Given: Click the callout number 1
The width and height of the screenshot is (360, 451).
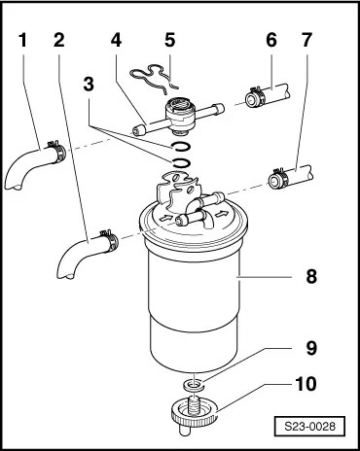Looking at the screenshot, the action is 22,41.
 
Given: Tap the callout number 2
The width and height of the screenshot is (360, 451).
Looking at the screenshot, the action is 59,41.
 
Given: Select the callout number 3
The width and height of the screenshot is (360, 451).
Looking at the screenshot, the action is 89,84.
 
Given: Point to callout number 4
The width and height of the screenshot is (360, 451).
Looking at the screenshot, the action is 116,41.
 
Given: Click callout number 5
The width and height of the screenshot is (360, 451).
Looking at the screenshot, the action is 170,41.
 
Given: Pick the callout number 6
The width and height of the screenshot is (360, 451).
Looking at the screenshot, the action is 271,41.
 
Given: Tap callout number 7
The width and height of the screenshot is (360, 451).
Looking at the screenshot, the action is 306,41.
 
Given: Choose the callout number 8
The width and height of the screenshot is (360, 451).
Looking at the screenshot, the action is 311,276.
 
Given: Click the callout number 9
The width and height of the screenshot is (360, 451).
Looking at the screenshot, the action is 311,348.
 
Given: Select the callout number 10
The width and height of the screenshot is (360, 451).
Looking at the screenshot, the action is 306,384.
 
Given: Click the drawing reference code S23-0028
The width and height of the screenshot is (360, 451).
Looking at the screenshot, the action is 309,426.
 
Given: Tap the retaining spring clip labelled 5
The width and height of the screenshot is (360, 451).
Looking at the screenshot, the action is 154,79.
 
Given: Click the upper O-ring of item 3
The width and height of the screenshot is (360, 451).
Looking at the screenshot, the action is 180,147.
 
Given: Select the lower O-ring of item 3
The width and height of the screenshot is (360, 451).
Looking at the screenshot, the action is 180,162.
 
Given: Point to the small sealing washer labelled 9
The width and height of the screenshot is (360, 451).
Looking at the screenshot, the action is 193,385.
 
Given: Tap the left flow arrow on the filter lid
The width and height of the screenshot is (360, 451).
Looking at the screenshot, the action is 165,218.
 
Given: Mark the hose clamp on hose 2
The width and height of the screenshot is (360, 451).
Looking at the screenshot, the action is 109,240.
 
